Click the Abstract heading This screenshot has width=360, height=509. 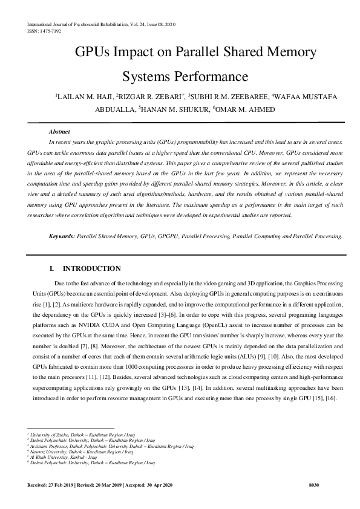pos(60,131)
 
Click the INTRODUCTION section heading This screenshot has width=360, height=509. pos(91,268)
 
